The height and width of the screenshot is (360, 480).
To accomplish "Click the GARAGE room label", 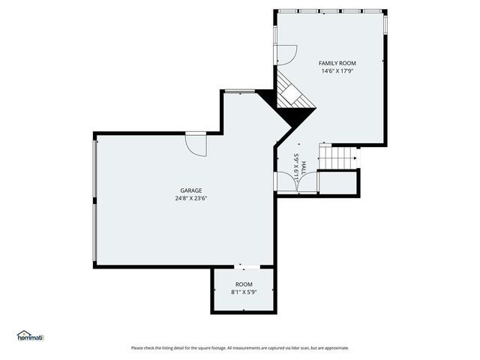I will pyautogui.click(x=190, y=190).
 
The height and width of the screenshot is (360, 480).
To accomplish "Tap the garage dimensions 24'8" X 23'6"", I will pyautogui.click(x=190, y=199).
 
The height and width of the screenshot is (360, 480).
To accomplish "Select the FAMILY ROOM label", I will pyautogui.click(x=337, y=63).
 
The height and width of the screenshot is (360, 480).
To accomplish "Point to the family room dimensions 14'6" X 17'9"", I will pyautogui.click(x=337, y=71).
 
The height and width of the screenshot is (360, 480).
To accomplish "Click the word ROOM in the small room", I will pyautogui.click(x=244, y=284).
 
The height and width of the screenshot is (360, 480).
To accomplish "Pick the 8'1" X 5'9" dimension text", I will pyautogui.click(x=244, y=292).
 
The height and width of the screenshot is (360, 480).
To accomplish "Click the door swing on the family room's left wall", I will pyautogui.click(x=286, y=55).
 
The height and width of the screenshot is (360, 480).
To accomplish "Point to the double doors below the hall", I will pyautogui.click(x=286, y=182).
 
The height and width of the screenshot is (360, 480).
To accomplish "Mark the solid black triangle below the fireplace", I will pyautogui.click(x=298, y=116).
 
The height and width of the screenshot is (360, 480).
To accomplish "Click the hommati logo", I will pyautogui.click(x=31, y=336).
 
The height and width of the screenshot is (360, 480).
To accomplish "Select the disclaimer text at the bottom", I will pyautogui.click(x=240, y=348).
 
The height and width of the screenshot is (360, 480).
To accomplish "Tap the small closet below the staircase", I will pyautogui.click(x=338, y=183).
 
